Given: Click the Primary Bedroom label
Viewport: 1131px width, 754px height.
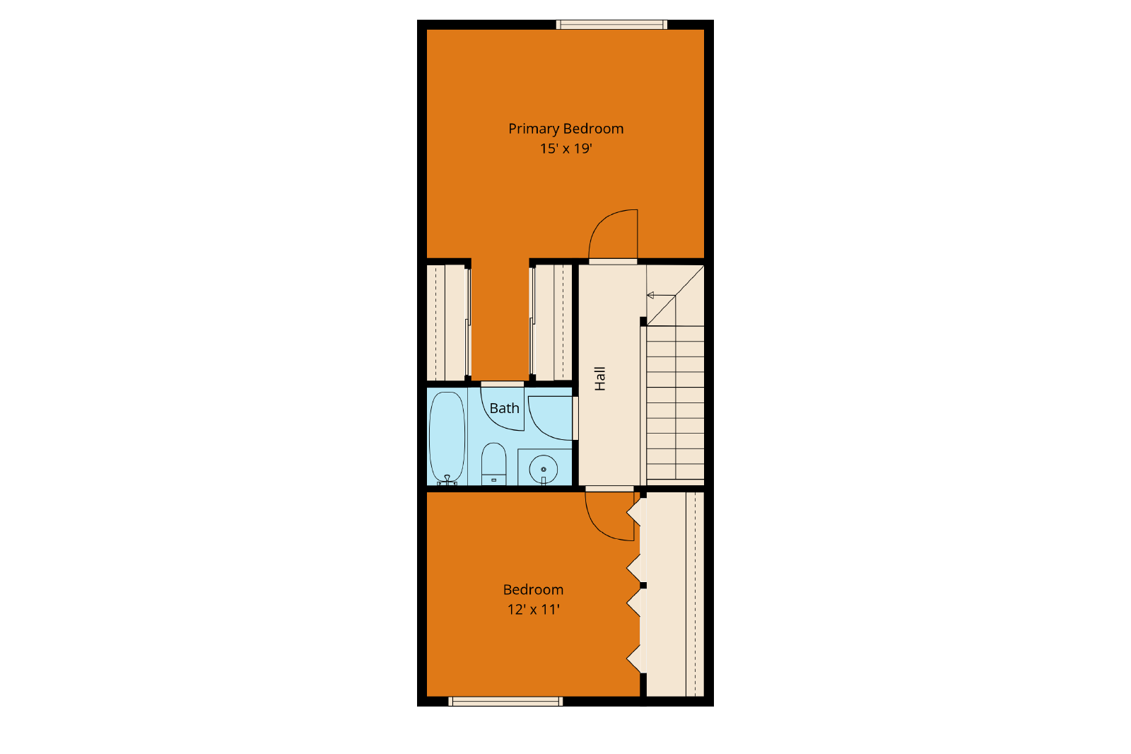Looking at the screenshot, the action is click(x=565, y=129).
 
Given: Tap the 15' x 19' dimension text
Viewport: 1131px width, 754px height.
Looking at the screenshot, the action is click(x=565, y=149).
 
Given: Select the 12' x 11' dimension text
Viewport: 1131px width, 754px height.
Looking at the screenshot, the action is click(x=533, y=610).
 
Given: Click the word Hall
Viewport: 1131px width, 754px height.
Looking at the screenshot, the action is click(x=600, y=378).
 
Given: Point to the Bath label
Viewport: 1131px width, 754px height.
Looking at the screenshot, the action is click(x=505, y=408).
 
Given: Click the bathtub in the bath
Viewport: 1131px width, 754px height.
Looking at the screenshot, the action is click(x=447, y=438).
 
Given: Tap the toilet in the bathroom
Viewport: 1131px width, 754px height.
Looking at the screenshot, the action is click(x=493, y=464).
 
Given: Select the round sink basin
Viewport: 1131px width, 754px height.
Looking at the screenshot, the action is click(x=544, y=470).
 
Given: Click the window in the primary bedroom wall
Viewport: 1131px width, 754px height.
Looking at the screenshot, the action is click(x=611, y=24).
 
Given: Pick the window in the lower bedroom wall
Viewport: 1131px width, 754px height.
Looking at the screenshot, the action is click(x=505, y=701).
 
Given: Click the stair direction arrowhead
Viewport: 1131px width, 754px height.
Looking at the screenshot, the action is click(x=650, y=295).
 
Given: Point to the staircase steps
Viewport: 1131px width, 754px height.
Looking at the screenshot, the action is click(x=675, y=402).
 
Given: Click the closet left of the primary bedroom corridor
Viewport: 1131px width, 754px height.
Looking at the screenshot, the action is click(x=446, y=323).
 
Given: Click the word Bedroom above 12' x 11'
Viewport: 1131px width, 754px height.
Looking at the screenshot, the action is click(x=533, y=590).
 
